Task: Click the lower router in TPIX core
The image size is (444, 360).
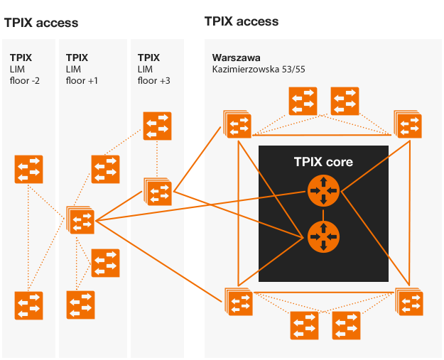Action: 324,236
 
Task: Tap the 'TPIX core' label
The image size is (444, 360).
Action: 323,162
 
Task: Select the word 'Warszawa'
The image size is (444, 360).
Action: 237,57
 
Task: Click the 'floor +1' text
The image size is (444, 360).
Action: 82,80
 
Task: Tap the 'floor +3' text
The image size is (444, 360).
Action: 153,80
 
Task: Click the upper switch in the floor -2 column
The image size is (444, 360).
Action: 29,169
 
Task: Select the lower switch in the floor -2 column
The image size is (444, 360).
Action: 29,305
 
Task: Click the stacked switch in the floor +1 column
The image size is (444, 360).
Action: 81,220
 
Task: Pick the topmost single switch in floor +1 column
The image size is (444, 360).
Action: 105,169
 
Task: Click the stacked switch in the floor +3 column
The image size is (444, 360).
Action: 158,191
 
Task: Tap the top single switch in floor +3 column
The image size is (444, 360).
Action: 157,126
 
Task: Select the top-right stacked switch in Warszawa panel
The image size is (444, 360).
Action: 408,124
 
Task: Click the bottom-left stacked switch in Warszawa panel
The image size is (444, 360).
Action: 239,302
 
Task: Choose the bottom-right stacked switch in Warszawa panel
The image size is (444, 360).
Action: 409,302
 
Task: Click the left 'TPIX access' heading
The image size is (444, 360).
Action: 41,23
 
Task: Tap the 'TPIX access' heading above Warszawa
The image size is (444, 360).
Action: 242,21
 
